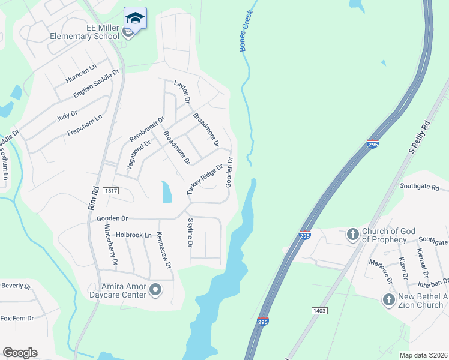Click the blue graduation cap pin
point(135,17)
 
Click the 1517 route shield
point(110,191)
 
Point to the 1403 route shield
point(319,310)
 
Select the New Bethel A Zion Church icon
point(389,299)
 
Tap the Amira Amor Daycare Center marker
point(156,290)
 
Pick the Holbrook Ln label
point(134,235)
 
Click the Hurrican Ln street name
point(82,74)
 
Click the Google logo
point(20,353)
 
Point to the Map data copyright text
point(423,353)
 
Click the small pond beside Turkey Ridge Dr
point(166,192)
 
